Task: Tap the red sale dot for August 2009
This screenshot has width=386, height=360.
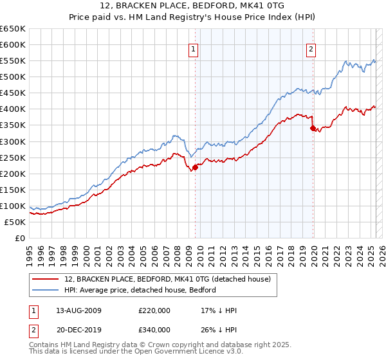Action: [x=195, y=167]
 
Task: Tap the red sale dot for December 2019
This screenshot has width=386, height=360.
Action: [x=313, y=129]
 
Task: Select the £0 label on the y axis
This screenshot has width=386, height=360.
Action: [x=20, y=238]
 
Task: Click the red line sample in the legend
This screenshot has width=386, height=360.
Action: [x=46, y=278]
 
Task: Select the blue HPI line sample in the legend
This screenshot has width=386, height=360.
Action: [x=46, y=290]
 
